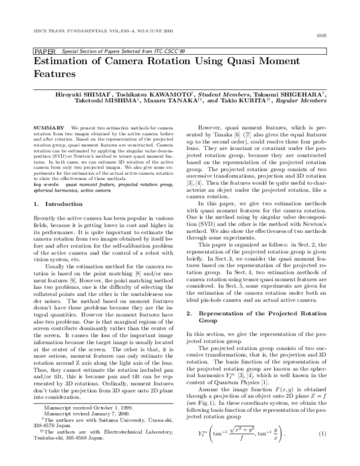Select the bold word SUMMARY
coord(49,129)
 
